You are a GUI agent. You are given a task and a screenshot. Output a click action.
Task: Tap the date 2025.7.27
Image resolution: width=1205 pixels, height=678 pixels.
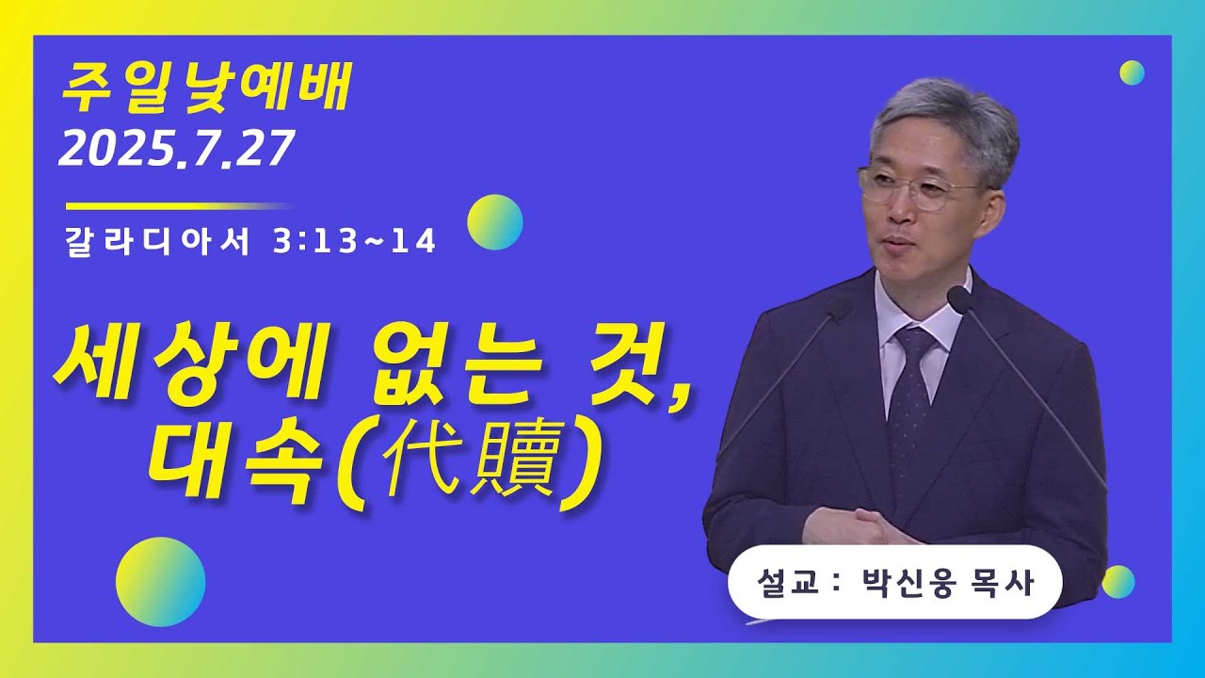(x=177, y=150)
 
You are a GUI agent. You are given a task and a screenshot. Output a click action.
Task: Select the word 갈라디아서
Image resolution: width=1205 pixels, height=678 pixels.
(x=157, y=242)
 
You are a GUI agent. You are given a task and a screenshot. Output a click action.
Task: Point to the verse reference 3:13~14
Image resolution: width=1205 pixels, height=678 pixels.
(x=354, y=242)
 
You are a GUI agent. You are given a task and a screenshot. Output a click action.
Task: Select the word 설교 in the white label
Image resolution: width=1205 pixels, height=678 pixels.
(x=780, y=583)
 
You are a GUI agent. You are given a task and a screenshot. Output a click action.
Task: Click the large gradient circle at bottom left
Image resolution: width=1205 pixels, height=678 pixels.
(x=160, y=582)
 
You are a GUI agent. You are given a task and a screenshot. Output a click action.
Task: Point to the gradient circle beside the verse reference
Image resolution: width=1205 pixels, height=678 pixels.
(x=495, y=222)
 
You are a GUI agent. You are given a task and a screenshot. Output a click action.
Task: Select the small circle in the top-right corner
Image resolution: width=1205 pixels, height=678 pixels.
(x=1132, y=73)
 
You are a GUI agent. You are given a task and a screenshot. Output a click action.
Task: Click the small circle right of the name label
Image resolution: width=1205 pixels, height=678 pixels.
(x=1118, y=582)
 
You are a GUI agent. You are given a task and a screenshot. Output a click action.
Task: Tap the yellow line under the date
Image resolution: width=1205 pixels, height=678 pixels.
(x=179, y=205)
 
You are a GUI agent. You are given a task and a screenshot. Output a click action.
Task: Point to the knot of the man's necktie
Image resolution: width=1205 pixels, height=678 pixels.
(x=912, y=341)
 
